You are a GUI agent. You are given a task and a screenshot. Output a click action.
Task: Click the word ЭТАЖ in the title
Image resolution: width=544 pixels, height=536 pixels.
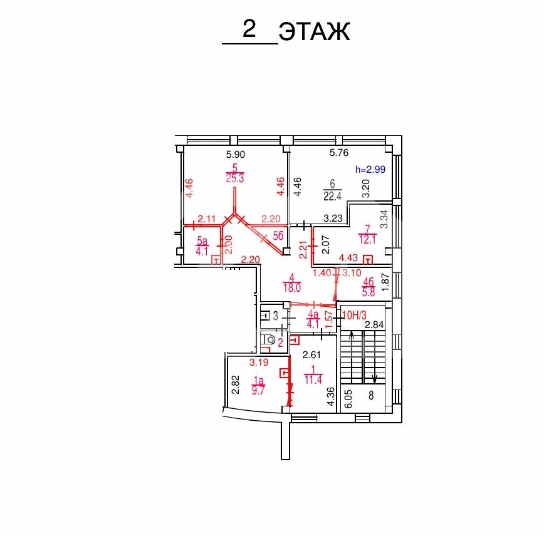[x=315, y=31]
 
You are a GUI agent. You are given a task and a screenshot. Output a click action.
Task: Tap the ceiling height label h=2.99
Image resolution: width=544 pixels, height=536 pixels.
[x=370, y=169]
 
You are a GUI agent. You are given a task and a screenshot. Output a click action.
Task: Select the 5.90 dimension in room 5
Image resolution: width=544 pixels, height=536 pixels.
[x=236, y=154]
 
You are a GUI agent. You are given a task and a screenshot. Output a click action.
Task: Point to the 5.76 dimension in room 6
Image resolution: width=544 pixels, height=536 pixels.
[x=338, y=153]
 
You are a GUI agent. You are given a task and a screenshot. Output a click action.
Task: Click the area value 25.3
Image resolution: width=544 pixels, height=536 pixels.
[x=235, y=178]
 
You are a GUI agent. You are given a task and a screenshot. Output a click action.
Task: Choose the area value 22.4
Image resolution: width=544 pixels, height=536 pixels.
[x=332, y=196]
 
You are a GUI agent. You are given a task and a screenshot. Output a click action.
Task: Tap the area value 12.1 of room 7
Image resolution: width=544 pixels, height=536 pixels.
[x=367, y=239]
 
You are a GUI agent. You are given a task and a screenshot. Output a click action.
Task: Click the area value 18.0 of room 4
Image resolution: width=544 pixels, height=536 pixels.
[x=292, y=287]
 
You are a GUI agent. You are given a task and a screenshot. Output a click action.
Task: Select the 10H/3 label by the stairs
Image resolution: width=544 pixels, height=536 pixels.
[x=354, y=315]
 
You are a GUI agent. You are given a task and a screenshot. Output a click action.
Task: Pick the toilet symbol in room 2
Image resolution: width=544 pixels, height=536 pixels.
[x=268, y=339]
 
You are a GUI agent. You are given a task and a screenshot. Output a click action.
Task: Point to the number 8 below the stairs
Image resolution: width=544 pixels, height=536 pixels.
[x=371, y=395]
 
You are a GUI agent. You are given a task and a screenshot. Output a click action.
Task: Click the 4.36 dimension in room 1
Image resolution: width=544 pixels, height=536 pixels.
[x=331, y=396]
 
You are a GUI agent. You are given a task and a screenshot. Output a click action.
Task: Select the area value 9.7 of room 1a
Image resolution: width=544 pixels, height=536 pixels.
[x=258, y=390]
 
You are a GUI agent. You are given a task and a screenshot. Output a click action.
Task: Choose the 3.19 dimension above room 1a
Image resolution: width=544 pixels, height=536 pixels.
[x=259, y=363]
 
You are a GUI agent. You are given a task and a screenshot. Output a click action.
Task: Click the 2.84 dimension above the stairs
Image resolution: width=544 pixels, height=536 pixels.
[x=374, y=324]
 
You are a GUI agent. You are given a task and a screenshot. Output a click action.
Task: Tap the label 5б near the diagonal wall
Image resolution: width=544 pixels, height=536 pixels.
[x=278, y=236]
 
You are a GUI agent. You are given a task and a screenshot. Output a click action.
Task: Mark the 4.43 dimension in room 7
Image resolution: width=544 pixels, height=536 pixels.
[x=348, y=257]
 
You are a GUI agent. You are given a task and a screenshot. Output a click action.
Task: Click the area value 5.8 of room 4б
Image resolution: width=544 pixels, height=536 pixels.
[x=369, y=292]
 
